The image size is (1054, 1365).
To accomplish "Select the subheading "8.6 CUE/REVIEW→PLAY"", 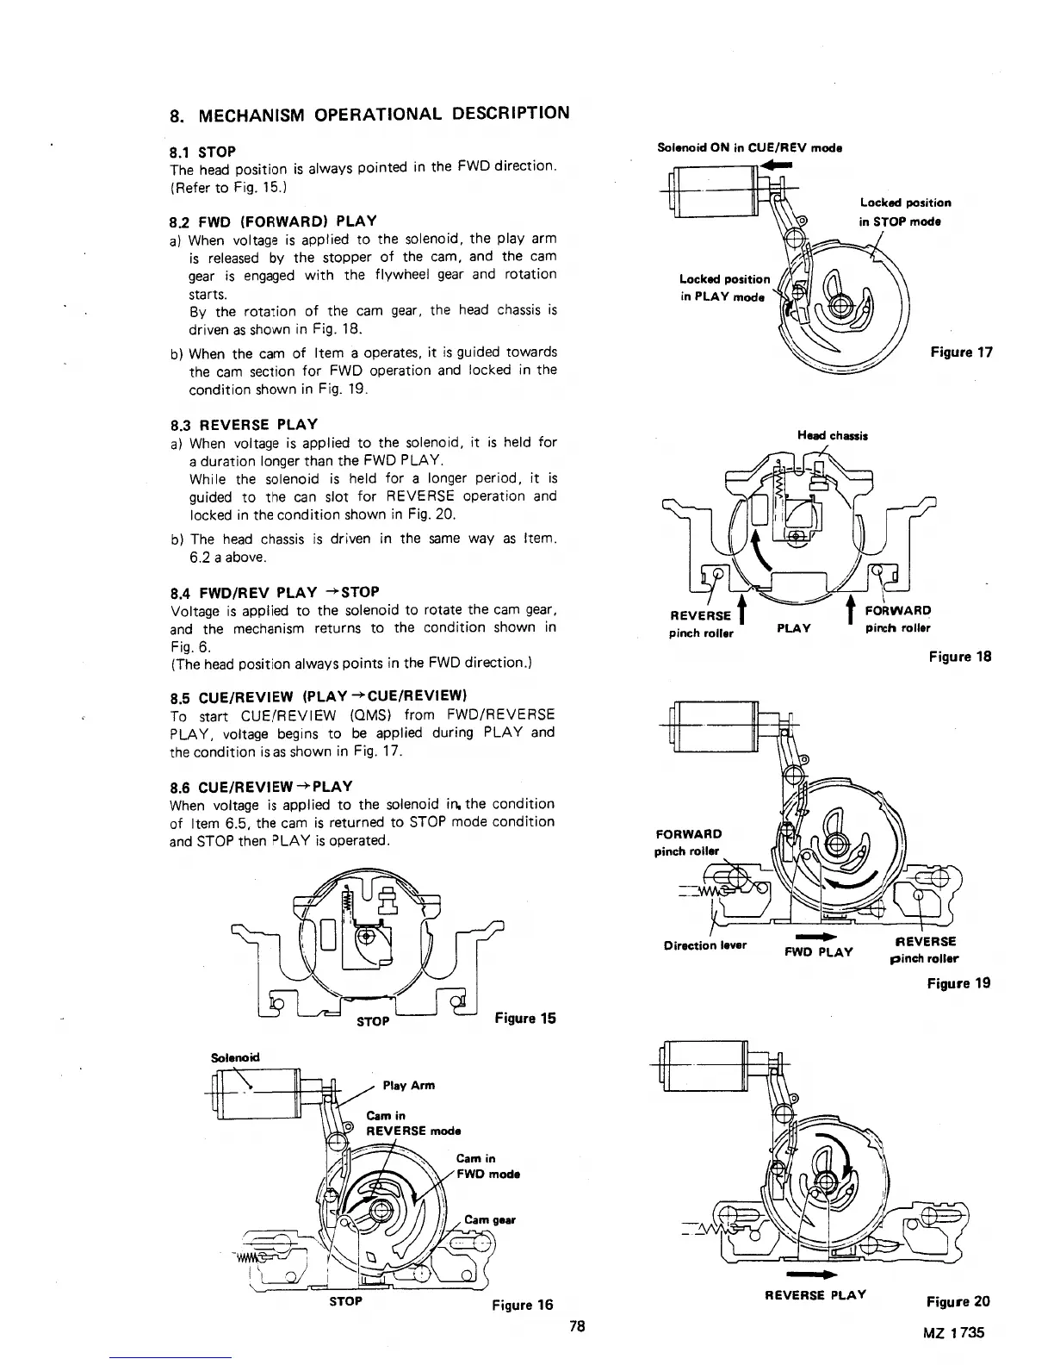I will tap(262, 786).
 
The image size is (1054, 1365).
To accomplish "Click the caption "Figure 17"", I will tap(961, 352).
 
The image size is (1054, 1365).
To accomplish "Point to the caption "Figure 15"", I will tap(525, 1019).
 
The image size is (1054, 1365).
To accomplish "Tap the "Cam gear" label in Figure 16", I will tap(489, 1219).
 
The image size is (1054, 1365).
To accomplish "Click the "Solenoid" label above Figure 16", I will tap(235, 1056).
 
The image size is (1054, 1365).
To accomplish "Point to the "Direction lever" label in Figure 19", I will tap(704, 945).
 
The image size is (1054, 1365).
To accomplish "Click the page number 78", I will tap(577, 1327).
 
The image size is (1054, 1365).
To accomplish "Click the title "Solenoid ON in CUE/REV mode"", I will tap(749, 147).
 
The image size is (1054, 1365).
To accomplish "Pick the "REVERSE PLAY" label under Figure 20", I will tap(815, 1294).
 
